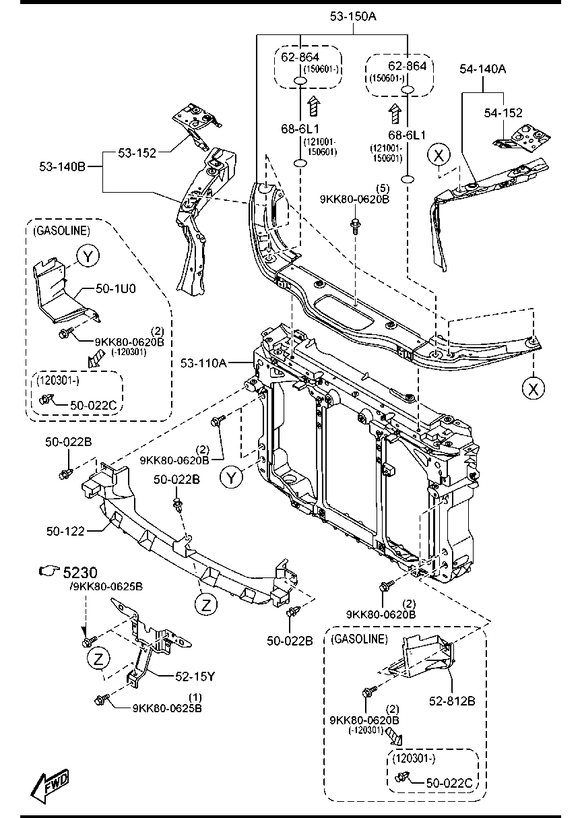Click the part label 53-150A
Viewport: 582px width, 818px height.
tap(353, 16)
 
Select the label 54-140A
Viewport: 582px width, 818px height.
tap(483, 69)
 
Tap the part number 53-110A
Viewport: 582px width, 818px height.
tap(203, 363)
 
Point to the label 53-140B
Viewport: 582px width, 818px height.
tap(63, 166)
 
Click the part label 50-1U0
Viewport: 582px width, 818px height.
tap(116, 288)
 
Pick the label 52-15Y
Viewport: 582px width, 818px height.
tap(195, 677)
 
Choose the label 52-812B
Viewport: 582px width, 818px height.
tap(452, 701)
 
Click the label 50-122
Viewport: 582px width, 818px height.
tap(65, 531)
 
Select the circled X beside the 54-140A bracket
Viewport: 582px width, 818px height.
tap(439, 155)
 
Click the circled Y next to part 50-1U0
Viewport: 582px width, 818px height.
tap(88, 256)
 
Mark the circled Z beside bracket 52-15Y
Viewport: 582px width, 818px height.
tap(98, 659)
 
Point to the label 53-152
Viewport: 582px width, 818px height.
tap(137, 153)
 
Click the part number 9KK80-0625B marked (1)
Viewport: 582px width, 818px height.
tap(167, 708)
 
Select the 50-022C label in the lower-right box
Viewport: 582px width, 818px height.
tap(449, 784)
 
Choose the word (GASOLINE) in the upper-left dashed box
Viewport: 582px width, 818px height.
tap(62, 231)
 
